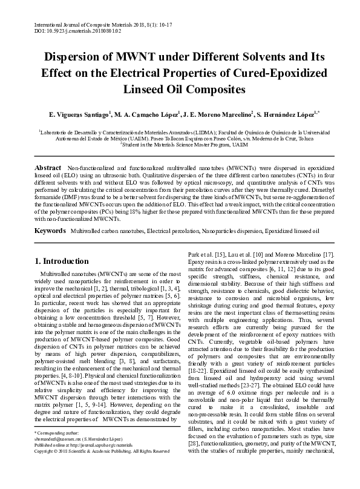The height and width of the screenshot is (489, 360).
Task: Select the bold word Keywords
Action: click(x=50, y=231)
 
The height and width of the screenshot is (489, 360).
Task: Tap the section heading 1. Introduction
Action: click(x=66, y=261)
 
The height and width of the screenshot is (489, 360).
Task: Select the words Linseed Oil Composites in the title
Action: click(x=180, y=90)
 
